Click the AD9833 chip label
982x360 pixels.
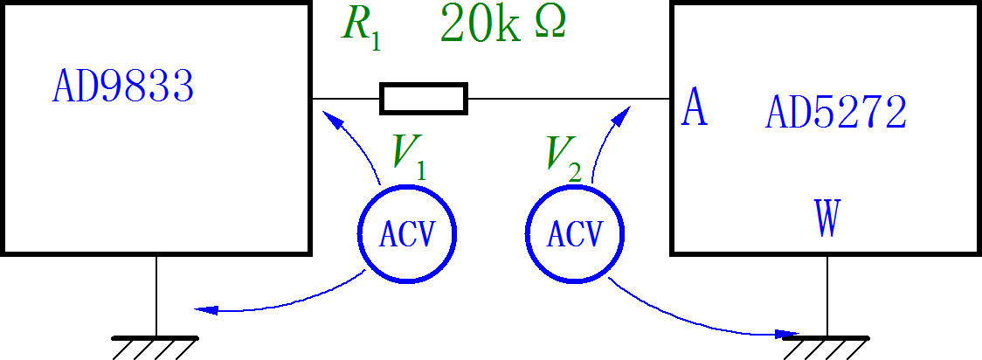click(122, 87)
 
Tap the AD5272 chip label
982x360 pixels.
click(836, 112)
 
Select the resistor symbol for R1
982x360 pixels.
click(424, 99)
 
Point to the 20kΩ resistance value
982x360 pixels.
click(503, 24)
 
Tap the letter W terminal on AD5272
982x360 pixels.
click(826, 218)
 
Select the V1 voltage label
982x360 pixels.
click(409, 154)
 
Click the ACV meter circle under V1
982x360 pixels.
click(408, 233)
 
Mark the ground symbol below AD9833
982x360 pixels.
click(156, 344)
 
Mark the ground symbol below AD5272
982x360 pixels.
click(826, 344)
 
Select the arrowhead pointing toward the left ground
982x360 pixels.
click(204, 309)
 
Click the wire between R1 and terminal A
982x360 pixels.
click(568, 99)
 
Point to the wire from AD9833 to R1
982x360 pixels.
click(346, 99)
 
